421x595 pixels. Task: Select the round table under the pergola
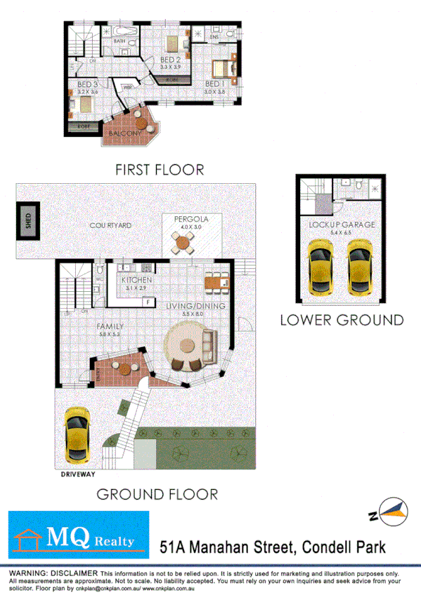click(x=184, y=243)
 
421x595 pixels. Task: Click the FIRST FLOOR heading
click(x=160, y=169)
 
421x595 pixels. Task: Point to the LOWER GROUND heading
click(x=342, y=320)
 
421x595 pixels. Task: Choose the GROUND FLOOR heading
click(x=157, y=493)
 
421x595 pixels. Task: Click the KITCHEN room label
click(x=136, y=281)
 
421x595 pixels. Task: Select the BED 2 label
click(x=171, y=60)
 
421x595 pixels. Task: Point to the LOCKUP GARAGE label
click(x=342, y=225)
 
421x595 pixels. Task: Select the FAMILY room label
click(x=110, y=326)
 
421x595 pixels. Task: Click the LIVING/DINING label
click(x=195, y=306)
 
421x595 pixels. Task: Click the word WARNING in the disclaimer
click(x=27, y=574)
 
